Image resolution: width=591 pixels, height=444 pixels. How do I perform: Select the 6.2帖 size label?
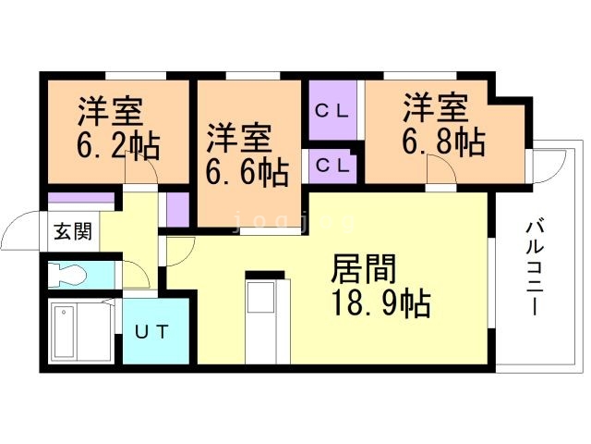click(116, 146)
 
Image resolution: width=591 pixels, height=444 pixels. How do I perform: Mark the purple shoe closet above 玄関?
click(79, 199)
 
